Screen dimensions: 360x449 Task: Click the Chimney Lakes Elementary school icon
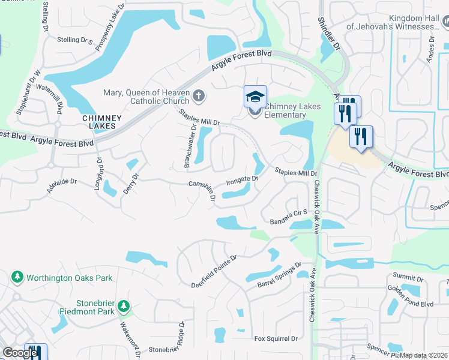tap(255, 96)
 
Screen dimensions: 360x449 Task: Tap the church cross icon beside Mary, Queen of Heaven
tap(199, 95)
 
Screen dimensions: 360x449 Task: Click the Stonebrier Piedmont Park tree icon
tap(124, 306)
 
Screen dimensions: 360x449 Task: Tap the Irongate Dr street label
tap(242, 179)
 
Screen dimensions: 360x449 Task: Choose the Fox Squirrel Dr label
tap(276, 339)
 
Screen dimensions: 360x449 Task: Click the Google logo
tap(20, 353)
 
